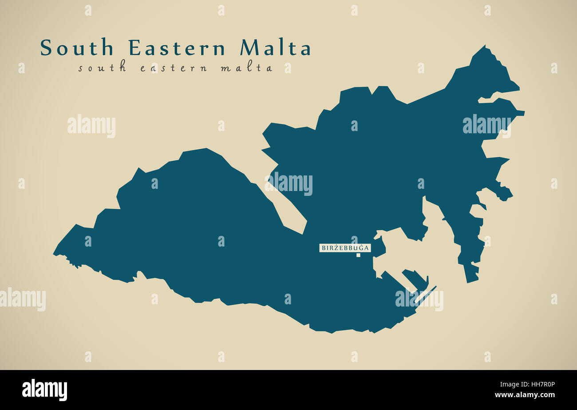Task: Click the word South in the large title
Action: coord(77,48)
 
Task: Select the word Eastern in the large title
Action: coord(177,48)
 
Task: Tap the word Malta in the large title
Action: coord(275,48)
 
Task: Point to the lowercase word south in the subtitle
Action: coord(102,68)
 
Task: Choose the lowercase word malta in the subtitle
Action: coord(246,68)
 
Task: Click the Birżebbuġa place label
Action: coord(345,248)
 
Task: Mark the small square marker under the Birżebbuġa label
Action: coord(358,255)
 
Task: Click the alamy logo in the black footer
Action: coord(44,390)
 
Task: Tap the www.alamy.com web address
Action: coord(525,395)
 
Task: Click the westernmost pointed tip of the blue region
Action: coord(54,254)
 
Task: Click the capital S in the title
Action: coord(46,48)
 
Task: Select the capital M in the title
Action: coord(250,48)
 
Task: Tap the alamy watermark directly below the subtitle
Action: coord(91,126)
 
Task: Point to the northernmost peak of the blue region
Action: coord(484,46)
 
